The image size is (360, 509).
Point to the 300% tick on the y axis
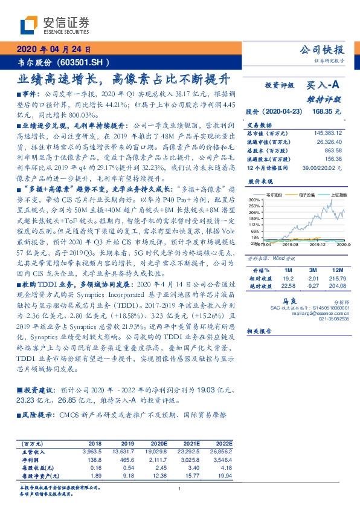pos(254,199)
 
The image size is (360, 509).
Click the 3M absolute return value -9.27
pos(313,287)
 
